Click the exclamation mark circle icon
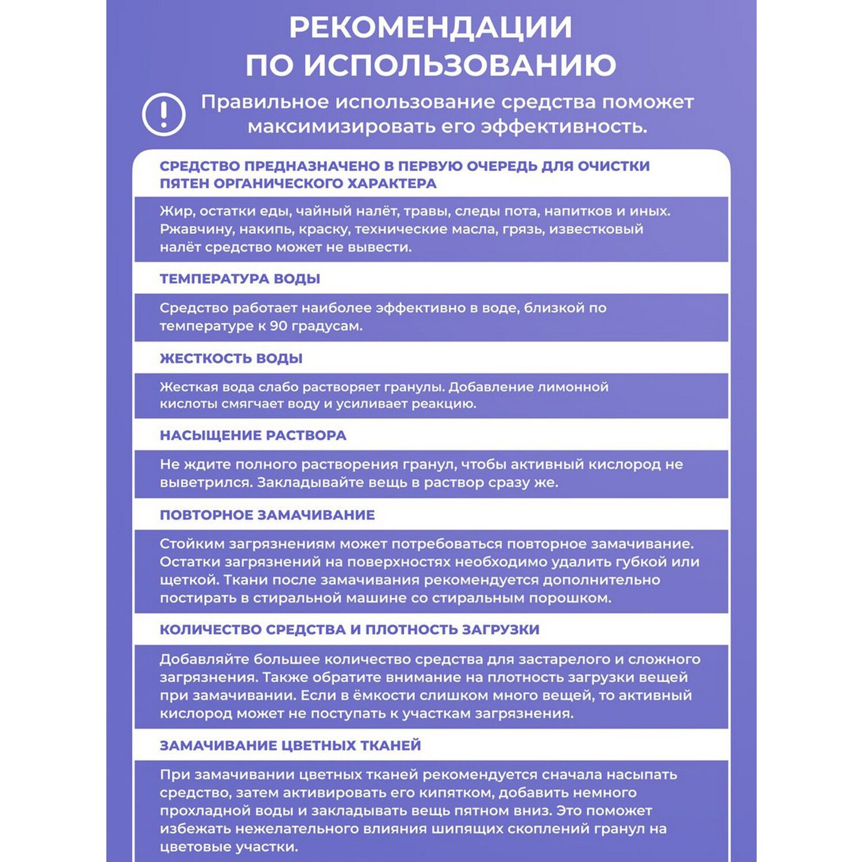pyautogui.click(x=164, y=114)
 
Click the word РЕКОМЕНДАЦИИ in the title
pyautogui.click(x=430, y=28)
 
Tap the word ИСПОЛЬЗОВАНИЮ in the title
pyautogui.click(x=460, y=66)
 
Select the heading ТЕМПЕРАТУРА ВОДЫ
pyautogui.click(x=240, y=279)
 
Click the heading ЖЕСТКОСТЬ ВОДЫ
pyautogui.click(x=231, y=359)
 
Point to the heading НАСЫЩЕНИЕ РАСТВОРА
pyautogui.click(x=253, y=436)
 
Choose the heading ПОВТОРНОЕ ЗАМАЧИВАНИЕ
pyautogui.click(x=267, y=515)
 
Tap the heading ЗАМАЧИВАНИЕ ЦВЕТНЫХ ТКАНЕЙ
pyautogui.click(x=290, y=745)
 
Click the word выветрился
pyautogui.click(x=206, y=483)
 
